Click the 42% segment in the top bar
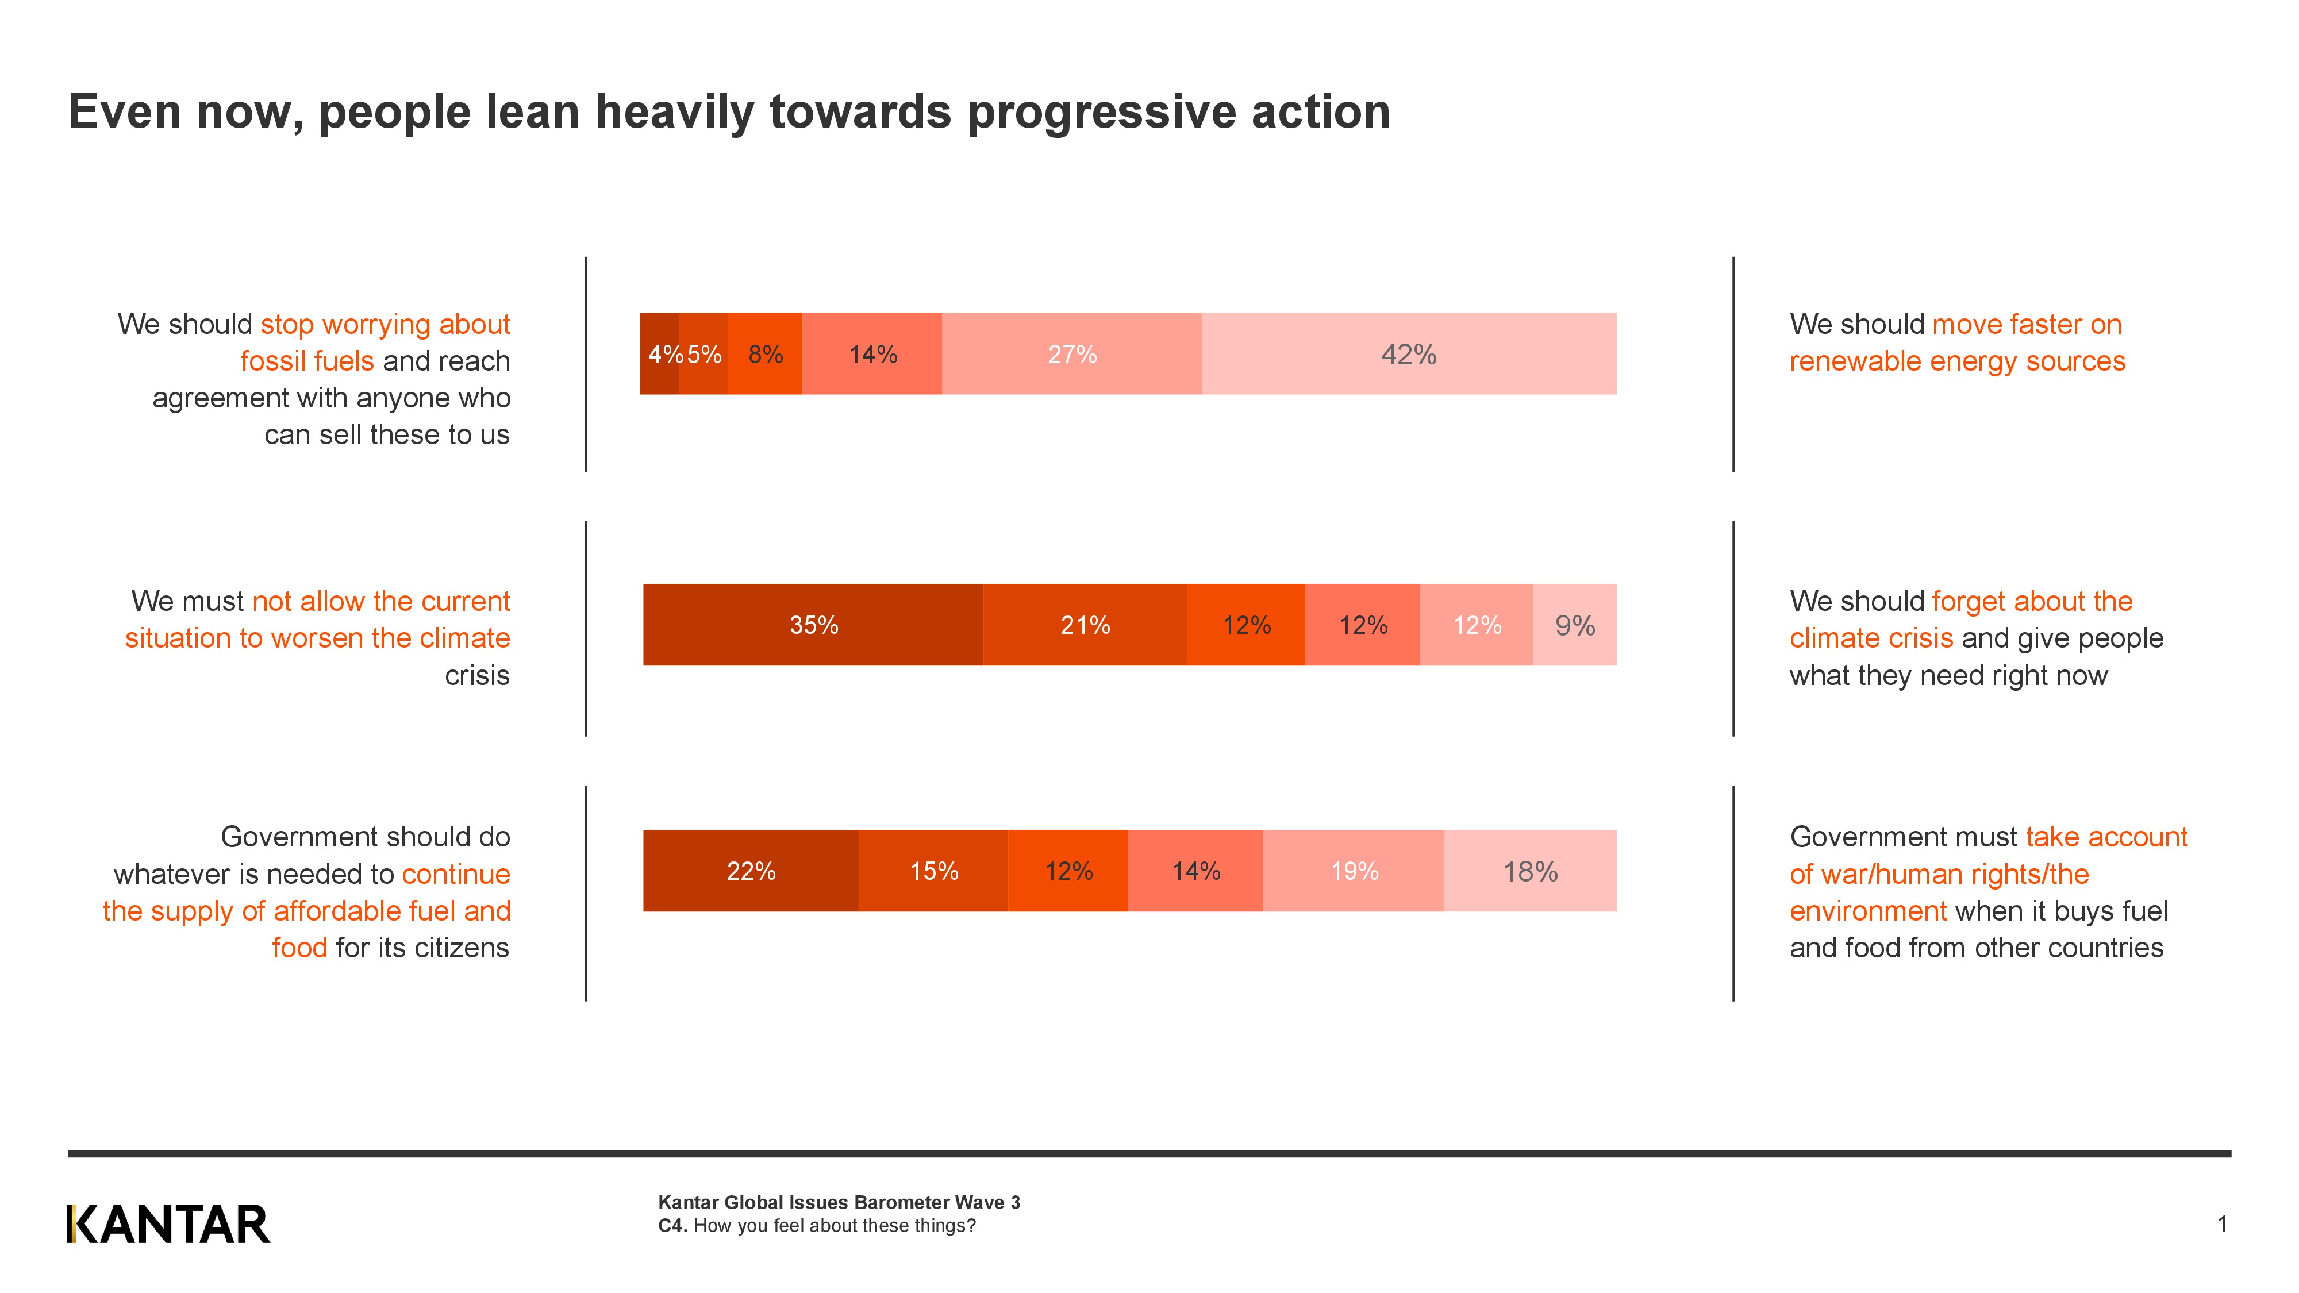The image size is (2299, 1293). pos(1408,354)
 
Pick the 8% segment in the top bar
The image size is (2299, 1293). pos(765,354)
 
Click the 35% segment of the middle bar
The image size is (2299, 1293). pos(813,625)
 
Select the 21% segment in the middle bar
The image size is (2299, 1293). pos(1085,625)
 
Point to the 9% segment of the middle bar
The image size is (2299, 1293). pos(1574,625)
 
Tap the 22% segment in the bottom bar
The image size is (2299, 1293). pos(751,871)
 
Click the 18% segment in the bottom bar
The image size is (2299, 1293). pos(1529,871)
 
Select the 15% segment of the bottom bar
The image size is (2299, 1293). pos(933,871)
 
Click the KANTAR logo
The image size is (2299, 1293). pos(168,1224)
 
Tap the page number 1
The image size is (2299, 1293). pos(2222,1223)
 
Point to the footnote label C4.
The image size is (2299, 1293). pos(672,1226)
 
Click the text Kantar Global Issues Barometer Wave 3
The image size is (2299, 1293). pos(839,1202)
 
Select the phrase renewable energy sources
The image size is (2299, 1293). pos(1957,361)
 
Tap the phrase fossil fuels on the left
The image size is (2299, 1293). pos(306,361)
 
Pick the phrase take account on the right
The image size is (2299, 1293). pos(2106,837)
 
